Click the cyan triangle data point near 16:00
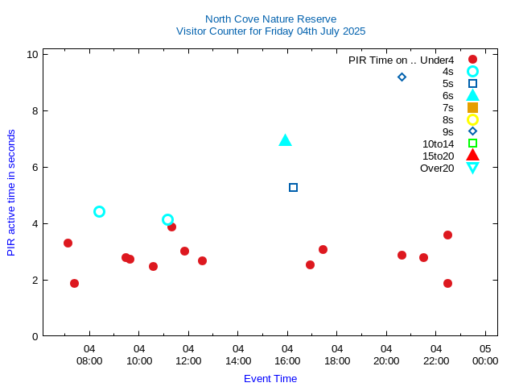point(285,141)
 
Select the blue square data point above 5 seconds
point(293,187)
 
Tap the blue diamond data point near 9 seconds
point(402,77)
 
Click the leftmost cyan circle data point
point(99,211)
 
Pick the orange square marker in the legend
point(472,107)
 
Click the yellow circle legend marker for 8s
point(472,119)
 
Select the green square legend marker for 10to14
point(472,144)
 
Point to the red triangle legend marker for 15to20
point(472,156)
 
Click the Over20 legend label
point(437,168)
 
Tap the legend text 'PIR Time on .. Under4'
point(401,60)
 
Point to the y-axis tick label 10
point(32,54)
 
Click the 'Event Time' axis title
point(270,378)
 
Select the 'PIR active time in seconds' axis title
point(11,192)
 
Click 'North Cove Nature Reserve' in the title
point(270,19)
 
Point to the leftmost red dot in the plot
point(68,243)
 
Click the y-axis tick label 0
point(35,336)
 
